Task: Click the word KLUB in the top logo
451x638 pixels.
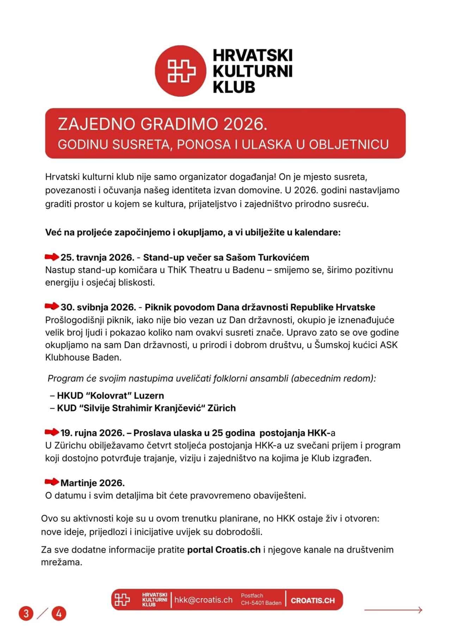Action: [x=234, y=87]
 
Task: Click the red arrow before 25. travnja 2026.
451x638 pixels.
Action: [x=52, y=257]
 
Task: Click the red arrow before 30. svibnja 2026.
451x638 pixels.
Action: [x=52, y=307]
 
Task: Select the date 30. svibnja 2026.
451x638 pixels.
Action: [x=98, y=307]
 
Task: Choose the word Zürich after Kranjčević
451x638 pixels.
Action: [x=222, y=408]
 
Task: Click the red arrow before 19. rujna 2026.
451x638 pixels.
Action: [x=52, y=432]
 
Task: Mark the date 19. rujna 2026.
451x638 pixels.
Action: [x=93, y=433]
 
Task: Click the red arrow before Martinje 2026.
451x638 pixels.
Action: [x=52, y=482]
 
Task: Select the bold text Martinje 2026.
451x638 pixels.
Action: [x=93, y=483]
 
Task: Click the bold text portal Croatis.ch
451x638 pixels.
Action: [x=224, y=550]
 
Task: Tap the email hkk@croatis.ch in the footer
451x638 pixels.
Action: [x=203, y=600]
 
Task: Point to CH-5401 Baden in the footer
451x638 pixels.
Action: [x=261, y=603]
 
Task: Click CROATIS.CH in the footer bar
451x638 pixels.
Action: [x=313, y=601]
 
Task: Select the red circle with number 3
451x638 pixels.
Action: [x=26, y=613]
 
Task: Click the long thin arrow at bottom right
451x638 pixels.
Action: [x=393, y=610]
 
